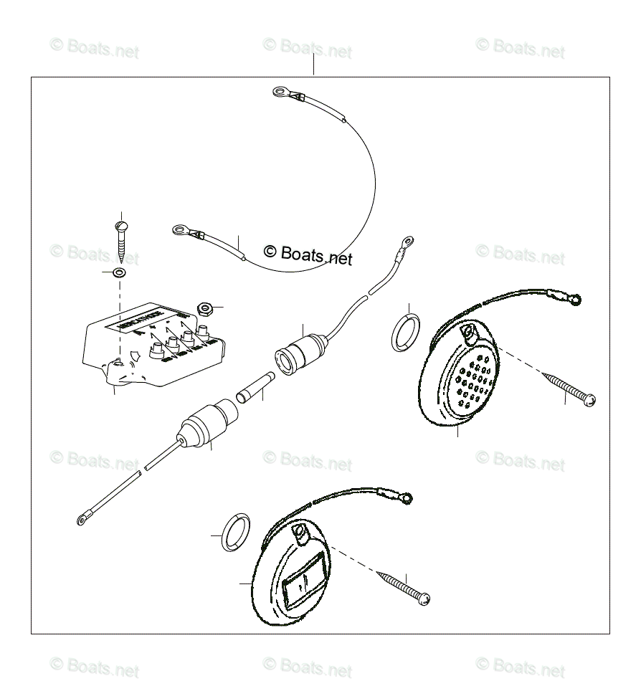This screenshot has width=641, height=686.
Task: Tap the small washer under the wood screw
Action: (x=118, y=273)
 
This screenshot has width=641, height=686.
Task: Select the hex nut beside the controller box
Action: (x=204, y=309)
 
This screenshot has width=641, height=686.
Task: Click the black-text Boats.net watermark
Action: (x=308, y=254)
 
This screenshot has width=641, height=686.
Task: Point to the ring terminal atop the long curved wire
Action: (x=278, y=92)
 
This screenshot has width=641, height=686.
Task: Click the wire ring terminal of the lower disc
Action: (x=407, y=495)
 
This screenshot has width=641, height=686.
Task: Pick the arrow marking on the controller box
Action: (x=136, y=354)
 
